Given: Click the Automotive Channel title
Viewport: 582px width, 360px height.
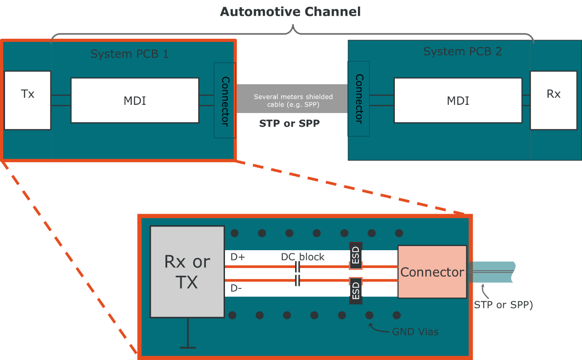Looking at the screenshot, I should [291, 12].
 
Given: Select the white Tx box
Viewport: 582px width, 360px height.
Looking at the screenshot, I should [27, 100].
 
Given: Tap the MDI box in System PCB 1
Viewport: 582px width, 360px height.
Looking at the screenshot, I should [135, 100].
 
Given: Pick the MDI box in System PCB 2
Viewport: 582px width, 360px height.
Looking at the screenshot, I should [458, 100].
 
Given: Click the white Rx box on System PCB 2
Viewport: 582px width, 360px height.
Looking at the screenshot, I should [553, 100].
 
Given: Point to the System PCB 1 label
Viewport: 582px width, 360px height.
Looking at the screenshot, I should [129, 54].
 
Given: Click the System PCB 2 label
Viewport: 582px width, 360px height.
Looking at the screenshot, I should [462, 51].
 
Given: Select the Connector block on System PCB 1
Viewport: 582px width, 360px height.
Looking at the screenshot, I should [225, 101].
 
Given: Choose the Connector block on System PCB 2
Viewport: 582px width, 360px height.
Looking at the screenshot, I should [359, 99].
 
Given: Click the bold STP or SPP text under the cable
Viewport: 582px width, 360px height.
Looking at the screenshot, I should [289, 123].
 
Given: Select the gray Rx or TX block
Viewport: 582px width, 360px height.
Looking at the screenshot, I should [187, 272].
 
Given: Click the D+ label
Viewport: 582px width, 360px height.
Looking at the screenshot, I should [238, 257].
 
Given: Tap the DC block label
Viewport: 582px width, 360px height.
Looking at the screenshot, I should [302, 257].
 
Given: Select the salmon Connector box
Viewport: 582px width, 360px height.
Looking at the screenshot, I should [432, 272].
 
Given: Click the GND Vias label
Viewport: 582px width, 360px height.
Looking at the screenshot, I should [415, 332].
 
